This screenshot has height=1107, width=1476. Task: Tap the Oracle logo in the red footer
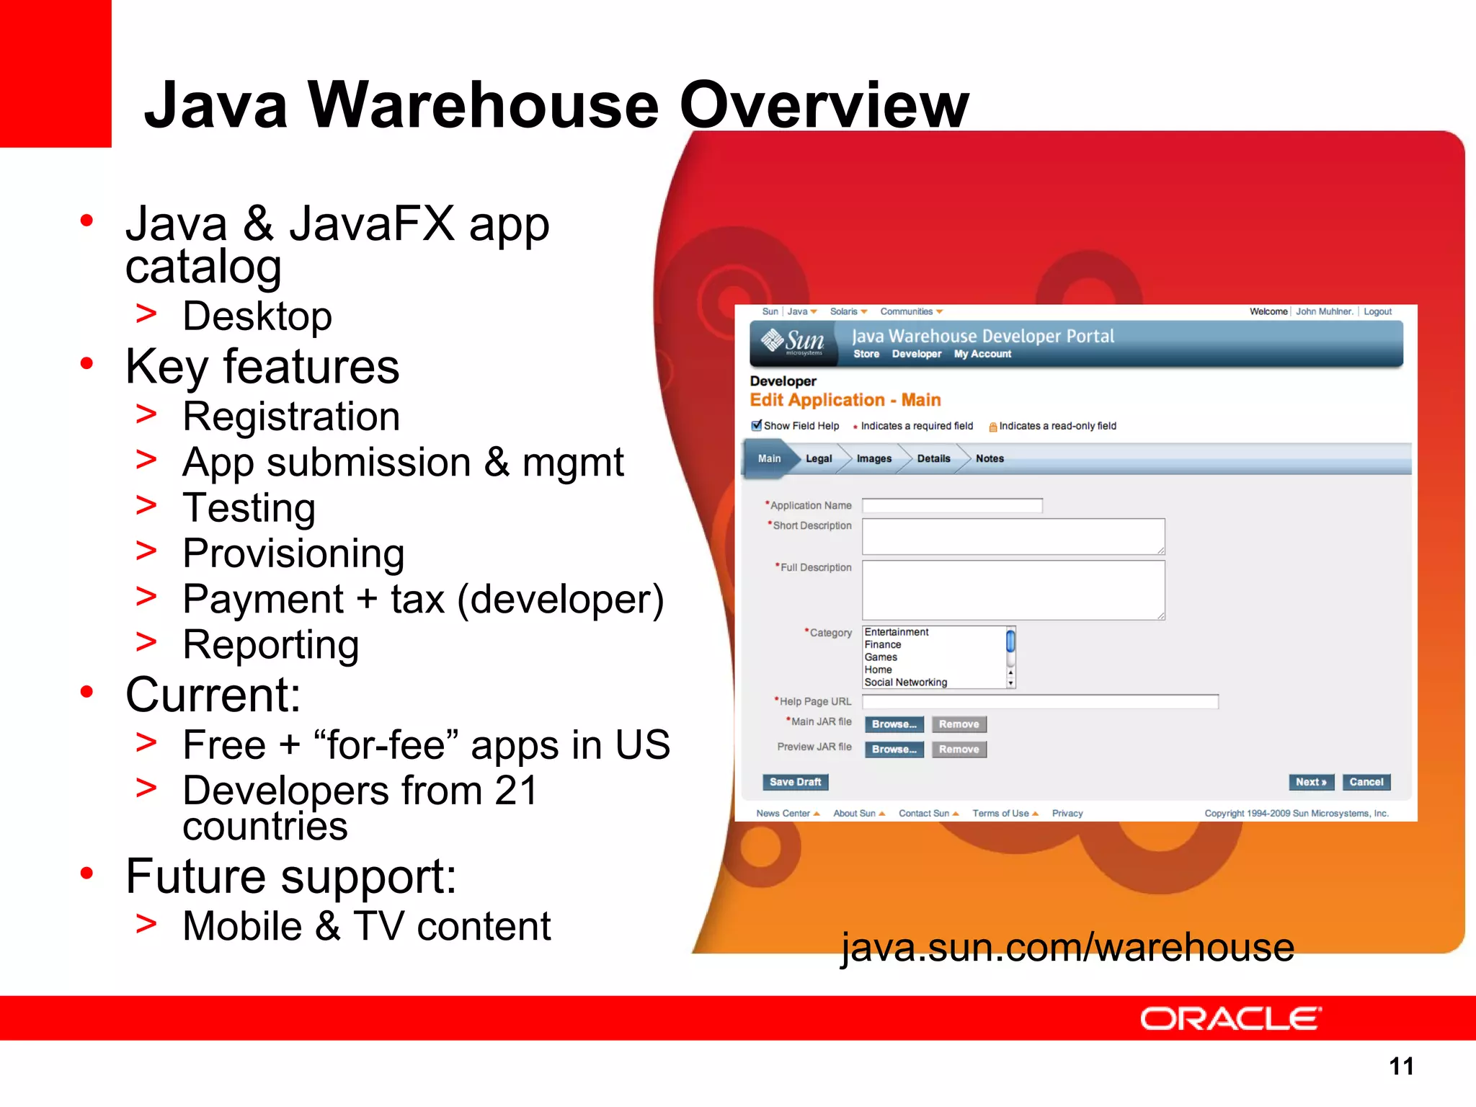[x=1230, y=1019]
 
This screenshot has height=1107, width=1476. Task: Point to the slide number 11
[x=1401, y=1066]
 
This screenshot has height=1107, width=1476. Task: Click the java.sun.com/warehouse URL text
[x=1067, y=947]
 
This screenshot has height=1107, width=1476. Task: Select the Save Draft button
[x=795, y=782]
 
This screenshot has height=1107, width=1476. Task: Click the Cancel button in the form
[x=1366, y=782]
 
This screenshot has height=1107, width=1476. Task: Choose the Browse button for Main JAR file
[x=894, y=724]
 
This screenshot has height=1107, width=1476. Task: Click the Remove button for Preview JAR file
[x=959, y=750]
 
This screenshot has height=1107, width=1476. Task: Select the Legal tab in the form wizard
[x=819, y=458]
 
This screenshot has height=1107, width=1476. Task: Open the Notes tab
[x=990, y=458]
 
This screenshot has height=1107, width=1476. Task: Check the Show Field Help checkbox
[x=756, y=425]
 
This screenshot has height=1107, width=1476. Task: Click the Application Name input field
[x=951, y=506]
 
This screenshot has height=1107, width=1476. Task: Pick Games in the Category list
[x=881, y=657]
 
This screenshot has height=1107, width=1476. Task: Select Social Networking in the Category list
[x=905, y=683]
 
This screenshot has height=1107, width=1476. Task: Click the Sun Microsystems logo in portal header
[x=793, y=342]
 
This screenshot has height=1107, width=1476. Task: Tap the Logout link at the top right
[x=1377, y=311]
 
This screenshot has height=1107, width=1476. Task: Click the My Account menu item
[x=982, y=354]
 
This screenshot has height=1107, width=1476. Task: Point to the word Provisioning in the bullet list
[x=293, y=553]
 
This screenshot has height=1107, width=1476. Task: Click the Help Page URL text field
[x=1039, y=702]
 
